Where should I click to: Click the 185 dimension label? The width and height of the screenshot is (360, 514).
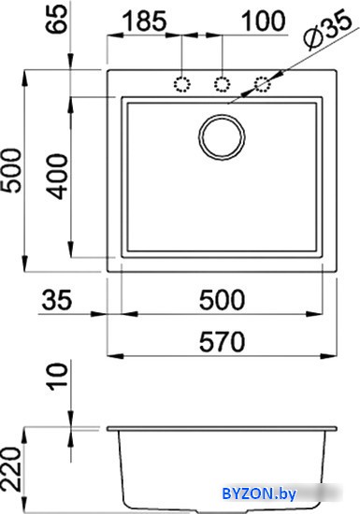145,21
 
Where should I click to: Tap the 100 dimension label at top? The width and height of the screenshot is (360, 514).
264,21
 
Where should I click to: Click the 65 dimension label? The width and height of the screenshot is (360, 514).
58,20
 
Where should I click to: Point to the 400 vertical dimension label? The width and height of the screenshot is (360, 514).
57,177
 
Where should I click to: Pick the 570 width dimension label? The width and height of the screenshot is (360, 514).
222,341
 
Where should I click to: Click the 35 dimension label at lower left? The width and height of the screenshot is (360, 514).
56,300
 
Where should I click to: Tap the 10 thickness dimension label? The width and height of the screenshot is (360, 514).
57,377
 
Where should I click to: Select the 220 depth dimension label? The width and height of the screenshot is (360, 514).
10,469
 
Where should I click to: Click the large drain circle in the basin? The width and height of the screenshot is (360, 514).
222,136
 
